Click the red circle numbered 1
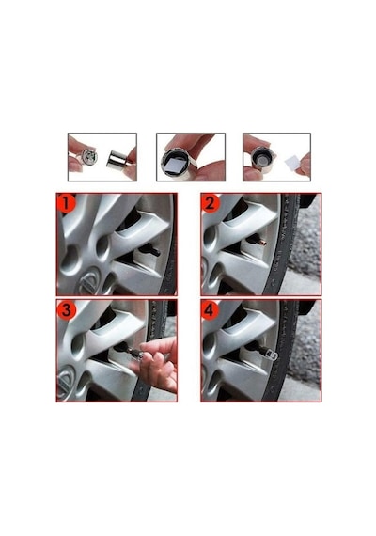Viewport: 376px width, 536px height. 67,203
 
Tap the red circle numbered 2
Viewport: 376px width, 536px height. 211,203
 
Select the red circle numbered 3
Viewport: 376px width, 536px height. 67,309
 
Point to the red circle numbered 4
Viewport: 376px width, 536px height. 211,309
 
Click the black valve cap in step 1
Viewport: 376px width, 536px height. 150,250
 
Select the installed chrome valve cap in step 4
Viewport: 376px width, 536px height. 271,354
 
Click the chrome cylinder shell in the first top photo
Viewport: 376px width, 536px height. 117,160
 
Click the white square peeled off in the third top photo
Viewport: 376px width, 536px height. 292,164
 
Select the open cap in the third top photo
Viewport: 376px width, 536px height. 263,159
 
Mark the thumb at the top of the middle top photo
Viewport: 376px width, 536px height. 186,142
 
